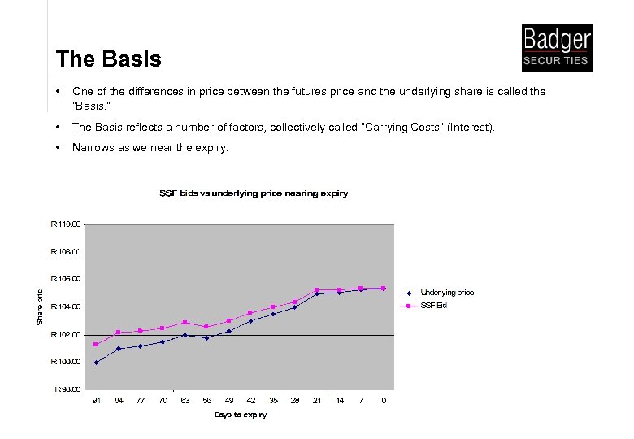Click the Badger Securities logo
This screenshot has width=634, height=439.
[557, 48]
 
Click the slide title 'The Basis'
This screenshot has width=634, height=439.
[109, 59]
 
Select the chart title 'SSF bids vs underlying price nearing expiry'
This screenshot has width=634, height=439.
[254, 193]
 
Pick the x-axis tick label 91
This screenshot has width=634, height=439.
[96, 400]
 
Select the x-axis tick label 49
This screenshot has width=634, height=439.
[229, 400]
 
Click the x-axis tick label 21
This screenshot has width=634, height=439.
[317, 400]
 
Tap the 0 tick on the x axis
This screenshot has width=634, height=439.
[384, 400]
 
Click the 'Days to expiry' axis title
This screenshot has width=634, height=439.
[240, 415]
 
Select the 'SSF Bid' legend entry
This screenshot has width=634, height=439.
[433, 306]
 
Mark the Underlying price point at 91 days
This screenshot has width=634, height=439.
[96, 363]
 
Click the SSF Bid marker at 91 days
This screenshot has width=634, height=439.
[96, 345]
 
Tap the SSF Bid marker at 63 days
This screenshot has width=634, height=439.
[185, 323]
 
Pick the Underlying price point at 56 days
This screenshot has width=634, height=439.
[206, 337]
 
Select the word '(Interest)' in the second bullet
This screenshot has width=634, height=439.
[471, 128]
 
